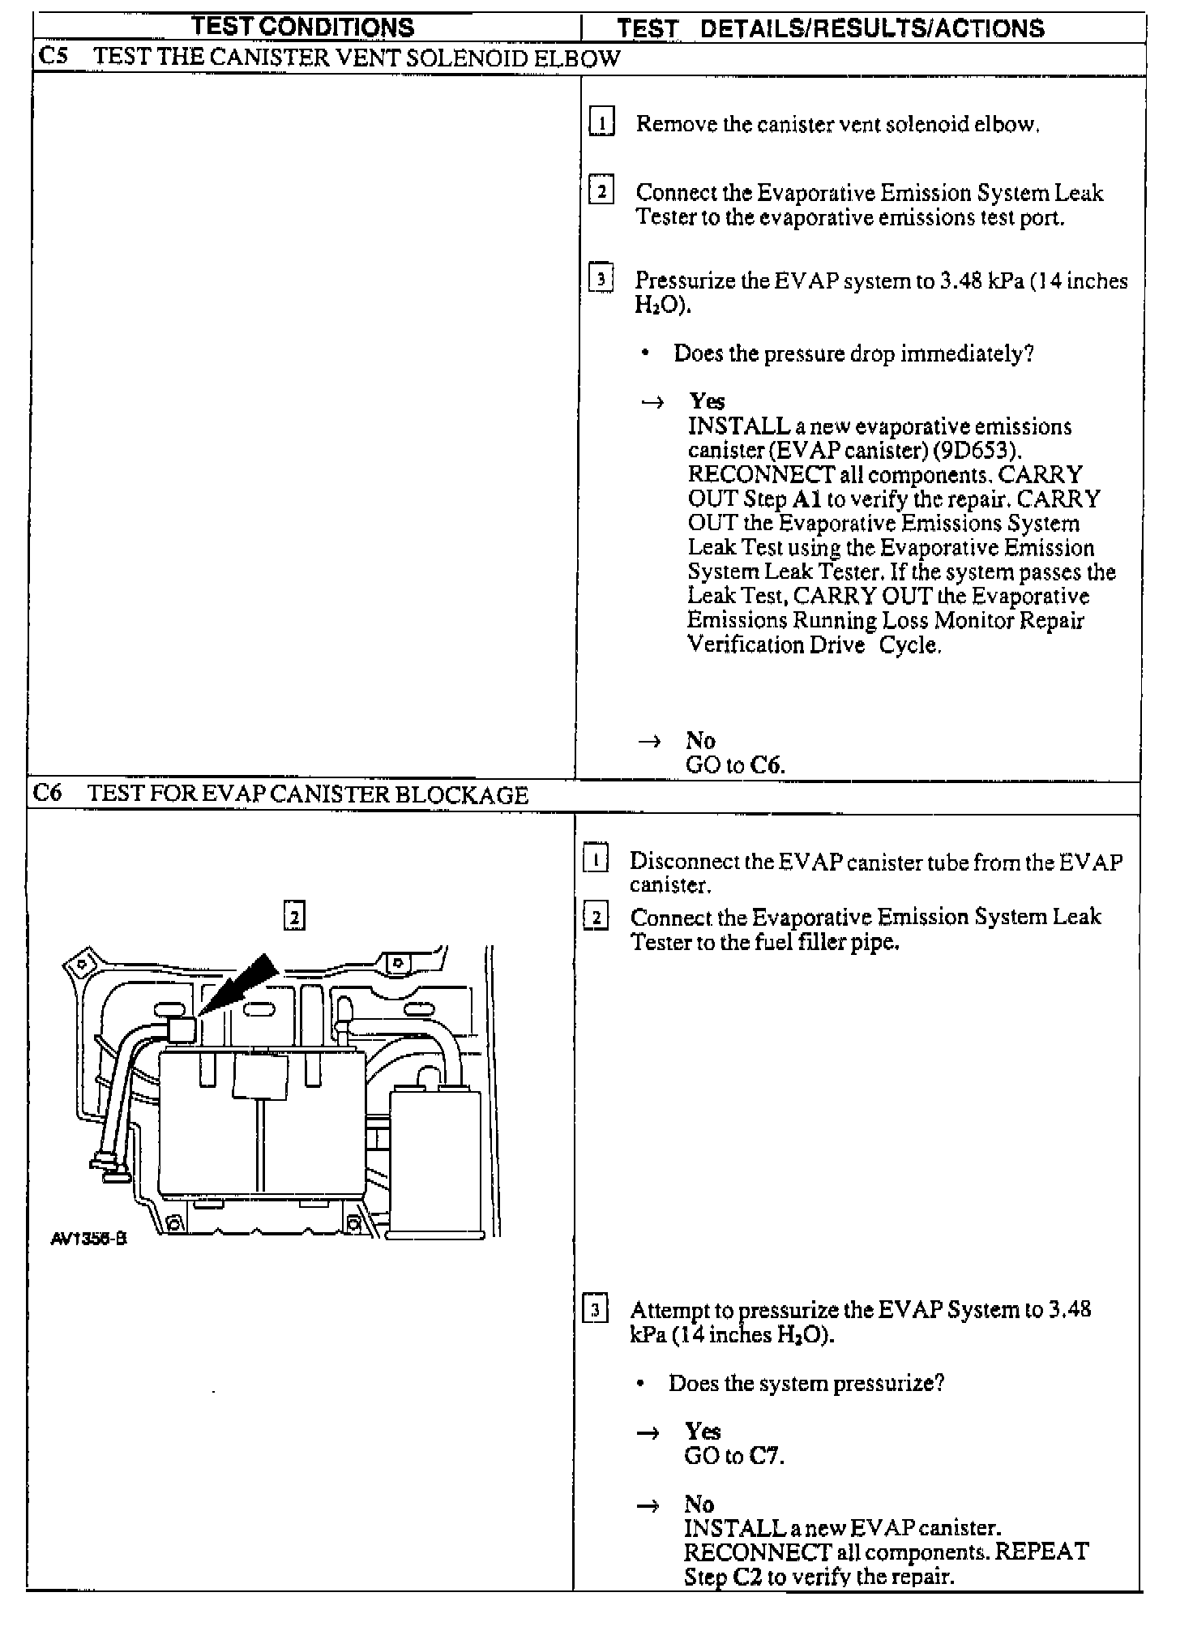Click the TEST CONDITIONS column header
[303, 27]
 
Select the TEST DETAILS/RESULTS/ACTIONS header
[830, 28]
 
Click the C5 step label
[53, 57]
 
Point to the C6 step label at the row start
[47, 793]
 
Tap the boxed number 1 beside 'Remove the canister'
[601, 122]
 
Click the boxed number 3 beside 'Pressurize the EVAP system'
[601, 279]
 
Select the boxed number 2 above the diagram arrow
[294, 915]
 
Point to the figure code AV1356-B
[88, 1239]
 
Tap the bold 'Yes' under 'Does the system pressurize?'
[702, 1431]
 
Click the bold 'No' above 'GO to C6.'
[700, 740]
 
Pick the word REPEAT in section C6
[1041, 1552]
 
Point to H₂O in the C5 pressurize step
[660, 305]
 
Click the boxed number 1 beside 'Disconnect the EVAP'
[596, 858]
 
